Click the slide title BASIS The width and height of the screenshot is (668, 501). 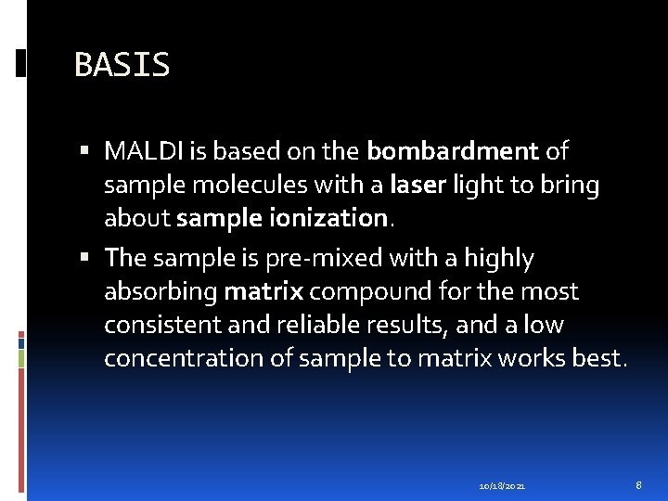click(122, 65)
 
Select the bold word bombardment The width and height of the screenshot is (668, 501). click(453, 150)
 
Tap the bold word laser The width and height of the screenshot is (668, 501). click(418, 186)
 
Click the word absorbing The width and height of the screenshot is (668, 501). click(161, 292)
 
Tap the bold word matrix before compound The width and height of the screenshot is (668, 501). click(263, 291)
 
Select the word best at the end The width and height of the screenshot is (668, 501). click(598, 359)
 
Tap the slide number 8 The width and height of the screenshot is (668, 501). click(638, 485)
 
